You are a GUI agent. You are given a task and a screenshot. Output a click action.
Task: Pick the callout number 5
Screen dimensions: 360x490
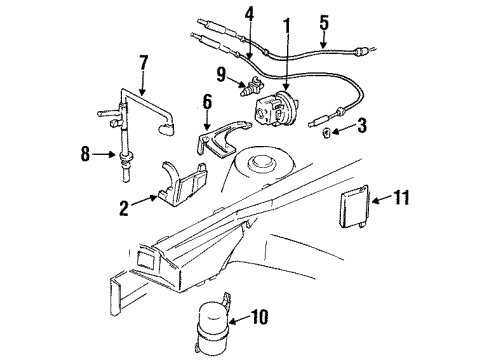pyautogui.click(x=323, y=20)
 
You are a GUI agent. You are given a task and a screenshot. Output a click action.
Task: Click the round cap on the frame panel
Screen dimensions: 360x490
pyautogui.click(x=268, y=162)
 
